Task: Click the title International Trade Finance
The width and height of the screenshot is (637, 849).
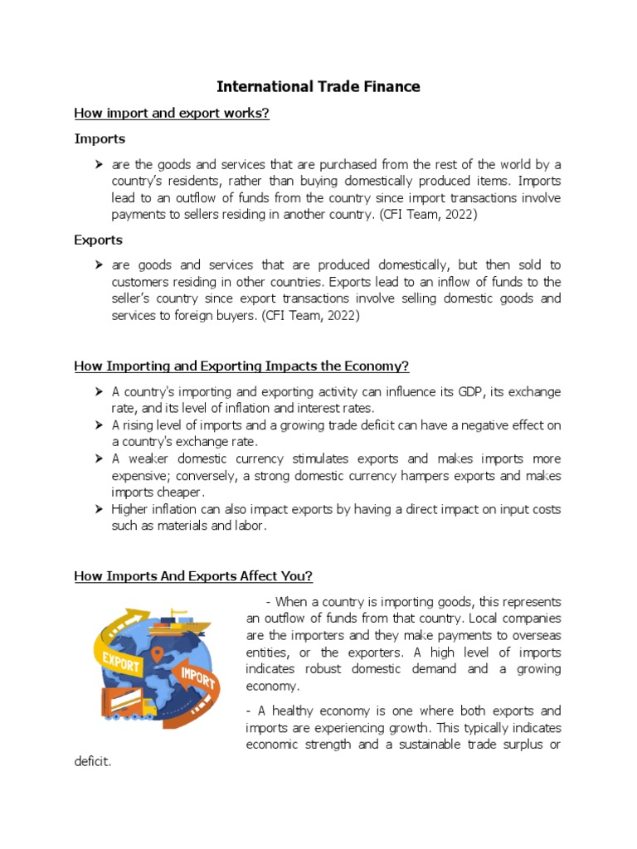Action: (x=318, y=86)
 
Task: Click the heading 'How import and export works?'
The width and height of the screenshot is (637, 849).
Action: (x=172, y=114)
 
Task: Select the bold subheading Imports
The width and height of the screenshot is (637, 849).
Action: (x=100, y=138)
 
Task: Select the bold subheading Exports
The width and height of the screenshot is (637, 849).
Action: (x=98, y=240)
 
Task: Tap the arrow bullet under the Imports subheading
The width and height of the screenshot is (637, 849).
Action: (x=99, y=164)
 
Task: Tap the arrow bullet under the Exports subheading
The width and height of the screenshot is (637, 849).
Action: (x=99, y=265)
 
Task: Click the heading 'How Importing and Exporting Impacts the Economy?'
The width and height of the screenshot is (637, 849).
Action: (x=241, y=366)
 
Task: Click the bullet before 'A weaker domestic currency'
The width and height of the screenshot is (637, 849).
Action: (x=99, y=458)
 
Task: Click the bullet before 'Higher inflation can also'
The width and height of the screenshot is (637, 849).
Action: (x=99, y=509)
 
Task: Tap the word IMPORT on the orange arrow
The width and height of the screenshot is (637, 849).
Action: (x=197, y=676)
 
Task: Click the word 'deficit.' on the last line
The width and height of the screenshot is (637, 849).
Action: (x=92, y=761)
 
